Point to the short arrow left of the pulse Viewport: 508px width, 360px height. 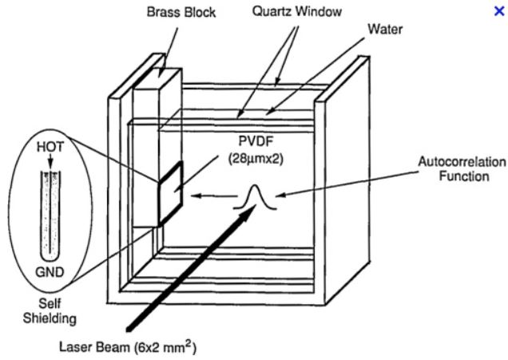(x=209, y=194)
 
